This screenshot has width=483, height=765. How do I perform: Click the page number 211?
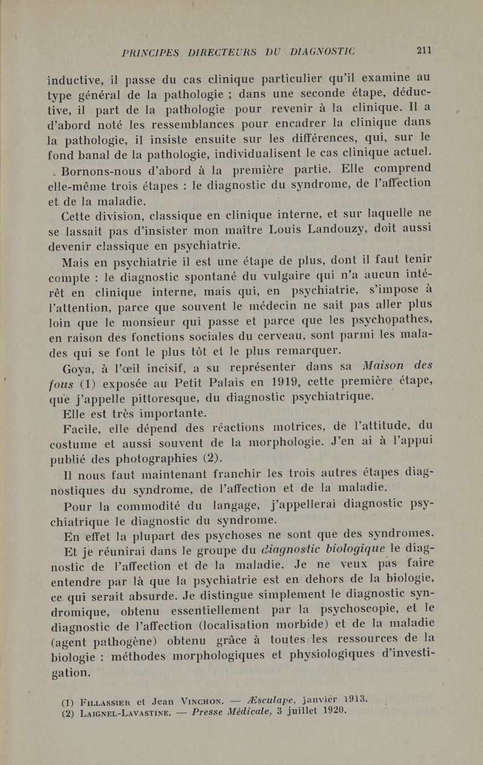(x=424, y=51)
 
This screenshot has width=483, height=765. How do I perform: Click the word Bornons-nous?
(x=97, y=169)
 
